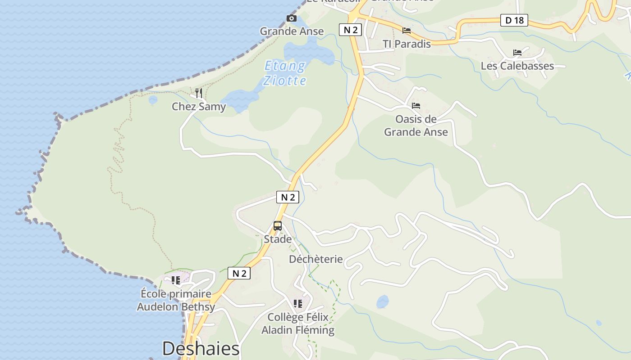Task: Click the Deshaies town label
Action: (201, 349)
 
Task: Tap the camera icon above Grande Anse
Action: (292, 18)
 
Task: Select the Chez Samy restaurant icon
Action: (198, 93)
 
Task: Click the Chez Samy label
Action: (199, 107)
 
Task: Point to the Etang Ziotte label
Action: (285, 73)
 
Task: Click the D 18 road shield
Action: (514, 20)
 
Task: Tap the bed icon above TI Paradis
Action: (407, 31)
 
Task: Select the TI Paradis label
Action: (407, 44)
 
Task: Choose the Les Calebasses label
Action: (517, 66)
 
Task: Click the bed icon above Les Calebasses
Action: (517, 53)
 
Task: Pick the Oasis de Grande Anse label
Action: (416, 126)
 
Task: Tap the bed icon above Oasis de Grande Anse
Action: (416, 106)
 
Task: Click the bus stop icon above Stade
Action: (278, 226)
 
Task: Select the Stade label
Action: (278, 239)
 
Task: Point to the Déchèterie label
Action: (315, 259)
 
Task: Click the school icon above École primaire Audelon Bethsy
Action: (176, 280)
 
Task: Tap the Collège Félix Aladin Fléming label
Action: (298, 324)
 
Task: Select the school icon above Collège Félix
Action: (298, 304)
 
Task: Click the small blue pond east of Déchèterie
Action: (383, 301)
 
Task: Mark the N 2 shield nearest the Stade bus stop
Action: (288, 197)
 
